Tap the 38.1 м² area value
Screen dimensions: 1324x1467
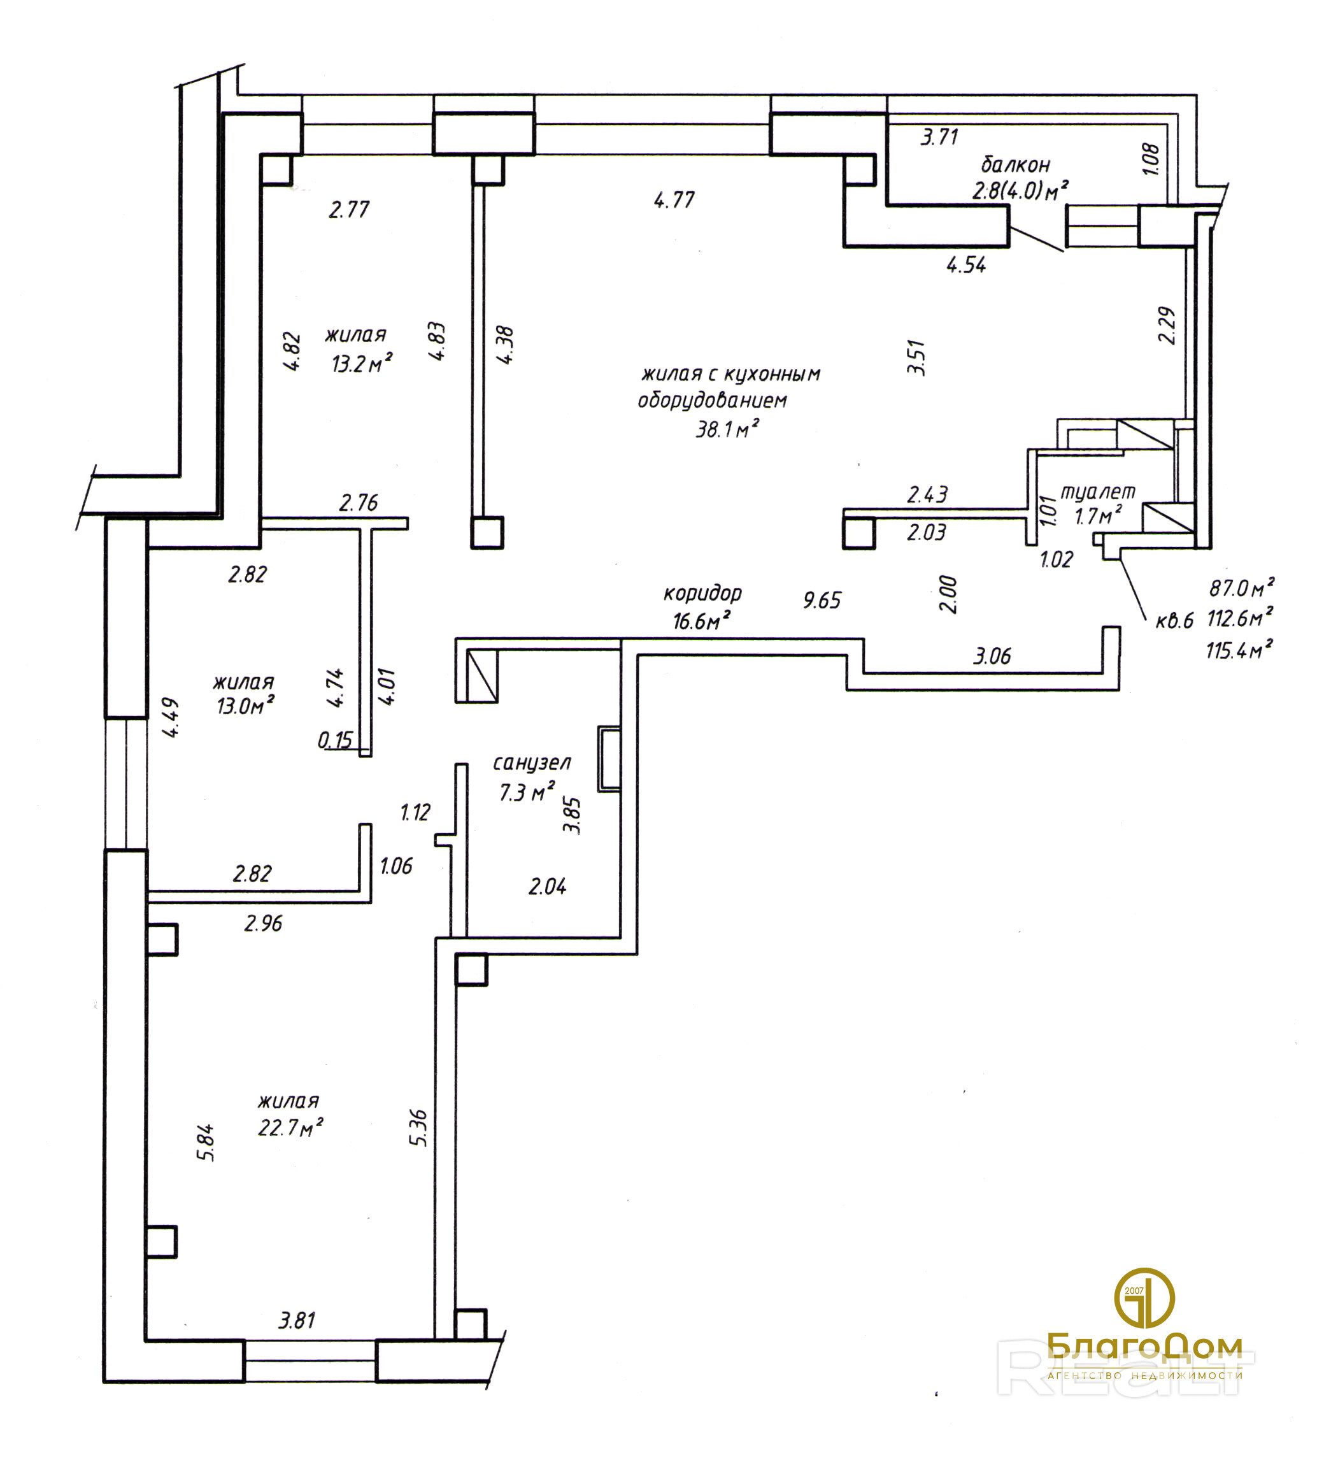pyautogui.click(x=727, y=429)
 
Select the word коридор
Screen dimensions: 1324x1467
pyautogui.click(x=702, y=594)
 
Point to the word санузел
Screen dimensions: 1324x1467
pyautogui.click(x=532, y=762)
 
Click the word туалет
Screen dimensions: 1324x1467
pyautogui.click(x=1098, y=492)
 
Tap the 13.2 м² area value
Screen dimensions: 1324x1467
pyautogui.click(x=362, y=363)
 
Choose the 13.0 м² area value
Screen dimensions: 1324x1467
pyautogui.click(x=245, y=705)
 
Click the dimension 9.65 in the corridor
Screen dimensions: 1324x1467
pyautogui.click(x=822, y=600)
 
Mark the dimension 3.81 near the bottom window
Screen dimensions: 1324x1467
pyautogui.click(x=297, y=1320)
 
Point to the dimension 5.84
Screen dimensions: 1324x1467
pyautogui.click(x=206, y=1143)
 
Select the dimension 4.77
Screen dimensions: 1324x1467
pyautogui.click(x=674, y=199)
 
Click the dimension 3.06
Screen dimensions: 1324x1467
pyautogui.click(x=992, y=656)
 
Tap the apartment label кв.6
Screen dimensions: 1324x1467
pyautogui.click(x=1174, y=620)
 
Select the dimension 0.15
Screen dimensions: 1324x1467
pyautogui.click(x=334, y=741)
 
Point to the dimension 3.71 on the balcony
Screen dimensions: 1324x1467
pyautogui.click(x=939, y=137)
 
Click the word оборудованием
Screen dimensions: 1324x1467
pyautogui.click(x=712, y=400)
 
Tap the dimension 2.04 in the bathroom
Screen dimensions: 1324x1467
pyautogui.click(x=547, y=886)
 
